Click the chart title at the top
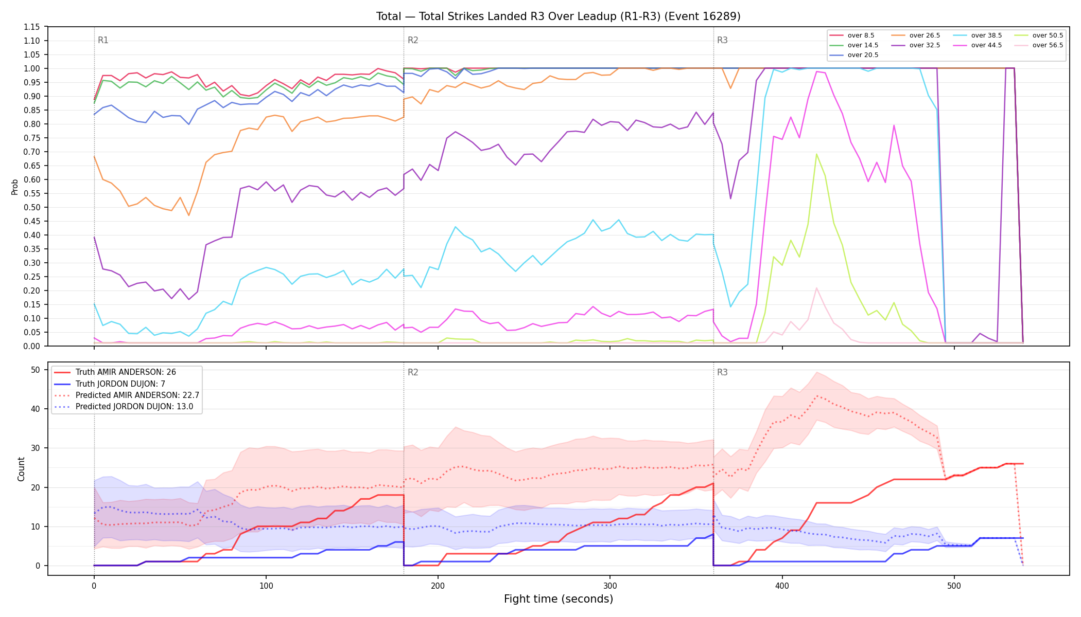[558, 16]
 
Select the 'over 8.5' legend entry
[852, 35]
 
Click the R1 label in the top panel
[103, 40]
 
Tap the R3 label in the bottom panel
[722, 372]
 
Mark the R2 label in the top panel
[413, 40]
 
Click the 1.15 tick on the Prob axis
[31, 27]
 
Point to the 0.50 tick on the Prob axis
[31, 207]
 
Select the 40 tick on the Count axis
[36, 409]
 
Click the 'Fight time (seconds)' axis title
[559, 599]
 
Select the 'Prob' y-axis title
[14, 187]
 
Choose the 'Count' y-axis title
[21, 469]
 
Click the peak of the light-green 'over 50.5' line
[816, 154]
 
